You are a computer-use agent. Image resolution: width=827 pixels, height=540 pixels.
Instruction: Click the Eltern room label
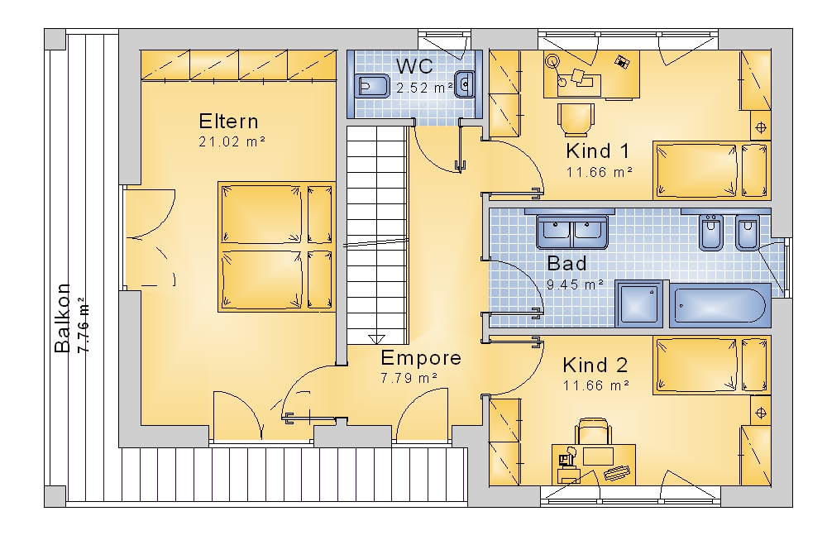point(228,122)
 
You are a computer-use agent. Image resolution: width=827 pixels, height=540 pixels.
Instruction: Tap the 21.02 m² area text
point(232,141)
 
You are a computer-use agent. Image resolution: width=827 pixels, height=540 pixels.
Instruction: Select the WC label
point(414,66)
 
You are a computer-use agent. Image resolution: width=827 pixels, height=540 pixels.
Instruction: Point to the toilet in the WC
point(372,85)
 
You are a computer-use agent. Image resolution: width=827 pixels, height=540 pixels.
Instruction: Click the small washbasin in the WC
point(464,84)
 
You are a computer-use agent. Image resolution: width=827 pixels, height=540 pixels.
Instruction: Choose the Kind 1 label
point(598,151)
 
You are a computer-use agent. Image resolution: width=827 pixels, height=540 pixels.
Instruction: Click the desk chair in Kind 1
point(576,120)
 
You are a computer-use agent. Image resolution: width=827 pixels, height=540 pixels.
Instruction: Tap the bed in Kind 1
point(711,170)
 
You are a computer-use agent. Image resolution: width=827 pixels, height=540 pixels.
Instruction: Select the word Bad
point(566,263)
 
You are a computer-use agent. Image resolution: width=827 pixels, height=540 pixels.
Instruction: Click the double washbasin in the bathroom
point(572,232)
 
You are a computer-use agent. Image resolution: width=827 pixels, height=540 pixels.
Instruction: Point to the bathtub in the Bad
point(720,304)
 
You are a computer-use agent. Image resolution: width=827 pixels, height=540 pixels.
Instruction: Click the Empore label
point(421,358)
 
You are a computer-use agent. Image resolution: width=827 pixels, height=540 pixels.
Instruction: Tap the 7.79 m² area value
point(409,378)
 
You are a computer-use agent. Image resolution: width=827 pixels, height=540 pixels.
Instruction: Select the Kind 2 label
point(595,365)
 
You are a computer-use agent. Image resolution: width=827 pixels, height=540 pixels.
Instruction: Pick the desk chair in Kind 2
point(593,432)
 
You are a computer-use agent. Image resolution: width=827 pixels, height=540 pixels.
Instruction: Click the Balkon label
point(63,318)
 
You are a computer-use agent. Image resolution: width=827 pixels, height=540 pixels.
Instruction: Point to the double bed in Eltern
point(277,246)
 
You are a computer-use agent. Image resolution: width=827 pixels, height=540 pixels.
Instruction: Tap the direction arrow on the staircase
point(376,338)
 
